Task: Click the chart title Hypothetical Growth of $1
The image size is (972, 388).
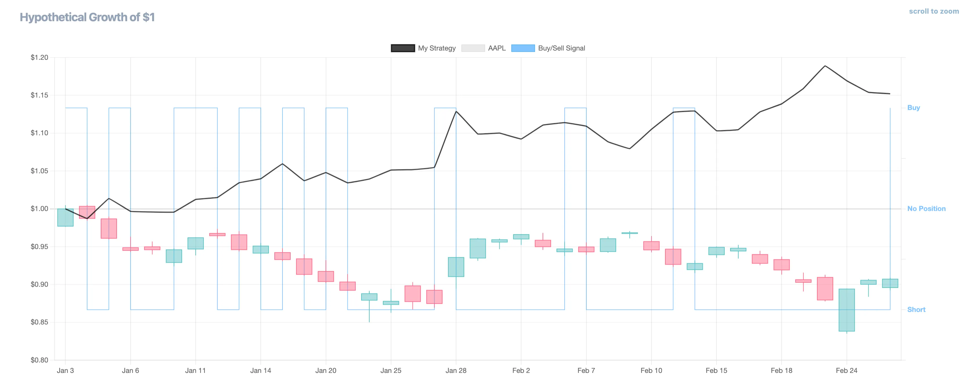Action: click(x=87, y=17)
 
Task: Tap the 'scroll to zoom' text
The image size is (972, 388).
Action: click(x=933, y=11)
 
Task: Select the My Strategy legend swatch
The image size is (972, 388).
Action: click(x=403, y=48)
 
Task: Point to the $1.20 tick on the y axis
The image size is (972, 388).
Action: click(x=39, y=58)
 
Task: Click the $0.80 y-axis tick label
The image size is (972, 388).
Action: click(x=39, y=360)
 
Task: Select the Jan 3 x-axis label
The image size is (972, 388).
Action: click(x=65, y=371)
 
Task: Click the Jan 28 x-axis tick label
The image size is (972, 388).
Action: click(x=456, y=371)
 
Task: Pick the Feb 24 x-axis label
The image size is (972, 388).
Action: click(x=846, y=371)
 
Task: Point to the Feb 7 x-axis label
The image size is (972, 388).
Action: click(x=586, y=371)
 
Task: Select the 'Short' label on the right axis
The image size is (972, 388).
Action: click(x=916, y=310)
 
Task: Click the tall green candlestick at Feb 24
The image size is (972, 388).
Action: click(x=846, y=310)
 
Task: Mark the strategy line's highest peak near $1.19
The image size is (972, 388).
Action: click(x=825, y=66)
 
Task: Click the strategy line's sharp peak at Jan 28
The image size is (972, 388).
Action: click(x=456, y=111)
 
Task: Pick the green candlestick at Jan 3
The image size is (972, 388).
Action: click(x=65, y=218)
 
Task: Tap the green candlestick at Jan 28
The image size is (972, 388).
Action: click(x=456, y=267)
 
